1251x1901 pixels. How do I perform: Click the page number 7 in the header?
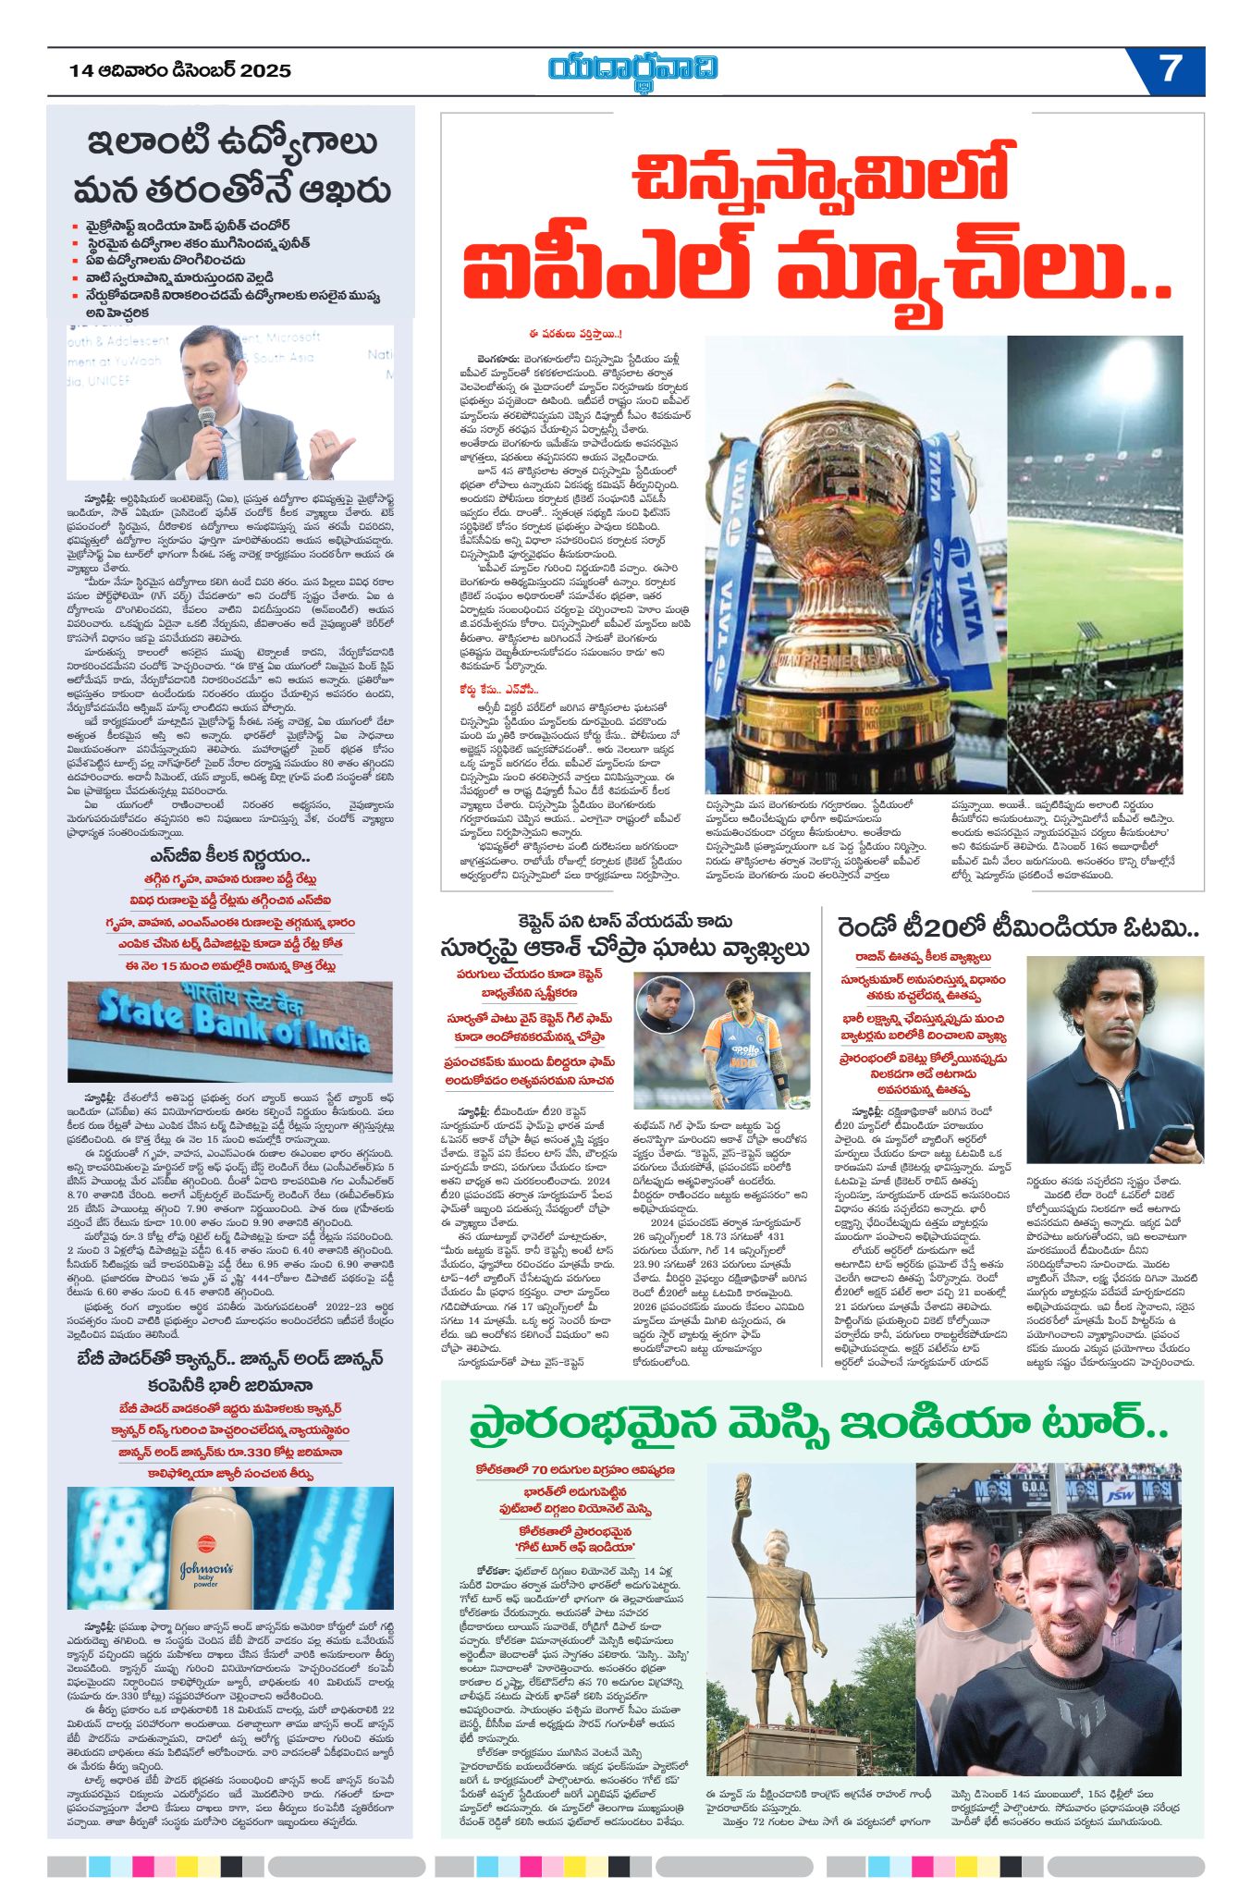[1171, 68]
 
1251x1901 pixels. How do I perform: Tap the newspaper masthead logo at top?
[632, 69]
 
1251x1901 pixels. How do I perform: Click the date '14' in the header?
[80, 70]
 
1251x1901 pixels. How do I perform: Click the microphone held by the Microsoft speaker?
[211, 444]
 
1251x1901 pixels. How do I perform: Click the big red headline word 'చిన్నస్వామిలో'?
[819, 178]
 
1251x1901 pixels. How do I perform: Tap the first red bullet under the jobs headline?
[76, 226]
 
